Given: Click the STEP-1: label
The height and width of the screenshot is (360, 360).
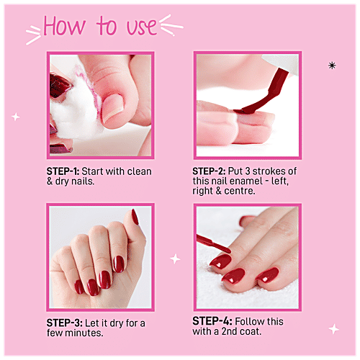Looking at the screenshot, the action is [x=63, y=171].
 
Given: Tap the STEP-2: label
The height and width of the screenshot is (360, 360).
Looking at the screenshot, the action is [x=209, y=171].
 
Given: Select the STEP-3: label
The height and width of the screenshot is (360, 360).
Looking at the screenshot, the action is [x=65, y=323].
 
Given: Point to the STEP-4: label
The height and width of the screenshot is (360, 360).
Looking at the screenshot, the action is [x=212, y=321].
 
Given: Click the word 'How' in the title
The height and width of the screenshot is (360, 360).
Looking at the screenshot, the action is [x=64, y=26].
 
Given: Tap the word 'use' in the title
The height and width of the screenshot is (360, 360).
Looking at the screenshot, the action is [x=142, y=27].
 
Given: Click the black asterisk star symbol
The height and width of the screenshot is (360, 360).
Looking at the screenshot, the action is [x=332, y=66].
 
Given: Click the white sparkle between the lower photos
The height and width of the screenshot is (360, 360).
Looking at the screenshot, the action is [x=175, y=259].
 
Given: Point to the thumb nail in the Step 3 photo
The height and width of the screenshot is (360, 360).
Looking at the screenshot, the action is [x=135, y=217].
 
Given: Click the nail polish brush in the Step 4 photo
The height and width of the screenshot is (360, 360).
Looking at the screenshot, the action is [x=213, y=243].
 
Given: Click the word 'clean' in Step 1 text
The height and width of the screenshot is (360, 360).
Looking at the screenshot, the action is [x=140, y=171].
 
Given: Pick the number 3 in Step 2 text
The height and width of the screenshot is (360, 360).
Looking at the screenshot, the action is [x=248, y=171].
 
